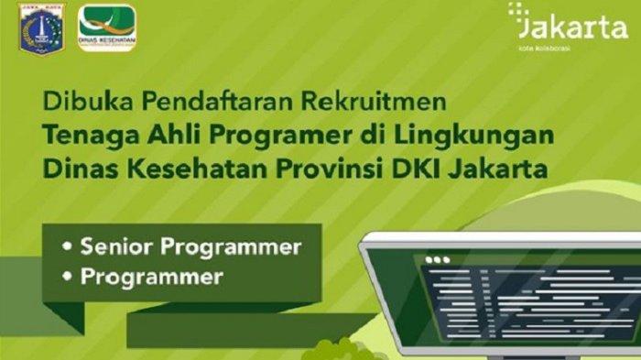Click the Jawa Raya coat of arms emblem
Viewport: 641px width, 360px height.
(36, 28)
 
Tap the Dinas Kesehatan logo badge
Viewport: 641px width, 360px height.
(108, 27)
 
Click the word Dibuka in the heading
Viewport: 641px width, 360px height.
(74, 97)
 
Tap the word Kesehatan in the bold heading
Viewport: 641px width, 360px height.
(190, 170)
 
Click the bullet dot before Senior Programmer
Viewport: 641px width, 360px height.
(67, 247)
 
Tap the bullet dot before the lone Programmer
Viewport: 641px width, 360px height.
(67, 277)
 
